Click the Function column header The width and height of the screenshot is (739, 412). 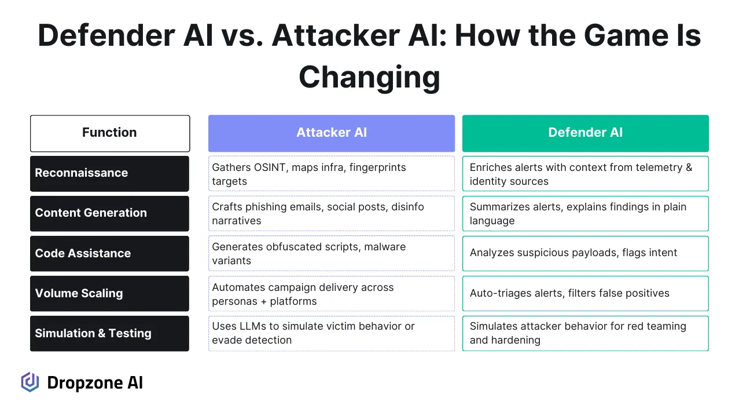point(109,133)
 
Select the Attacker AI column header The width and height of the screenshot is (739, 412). point(331,133)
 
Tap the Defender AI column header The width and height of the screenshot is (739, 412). point(585,133)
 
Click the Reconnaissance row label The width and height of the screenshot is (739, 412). point(109,173)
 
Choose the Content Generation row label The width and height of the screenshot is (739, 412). point(109,213)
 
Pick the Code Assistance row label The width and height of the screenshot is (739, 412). point(109,253)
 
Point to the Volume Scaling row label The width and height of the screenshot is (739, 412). point(109,293)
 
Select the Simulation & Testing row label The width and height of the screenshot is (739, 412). point(109,333)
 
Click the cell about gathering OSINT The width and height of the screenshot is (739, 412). point(331,174)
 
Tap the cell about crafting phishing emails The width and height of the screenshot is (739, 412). point(331,214)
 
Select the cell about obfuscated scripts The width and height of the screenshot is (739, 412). point(331,254)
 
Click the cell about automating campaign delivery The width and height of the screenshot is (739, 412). point(331,294)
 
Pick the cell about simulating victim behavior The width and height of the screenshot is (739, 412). point(331,333)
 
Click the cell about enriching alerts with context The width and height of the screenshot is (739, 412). point(585,174)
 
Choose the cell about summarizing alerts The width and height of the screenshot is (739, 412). point(585,214)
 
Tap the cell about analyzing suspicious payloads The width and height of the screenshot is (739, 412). point(585,253)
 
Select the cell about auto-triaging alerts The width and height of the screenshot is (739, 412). point(585,293)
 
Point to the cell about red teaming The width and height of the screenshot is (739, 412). point(585,333)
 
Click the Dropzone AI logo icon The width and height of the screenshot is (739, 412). point(30,382)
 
